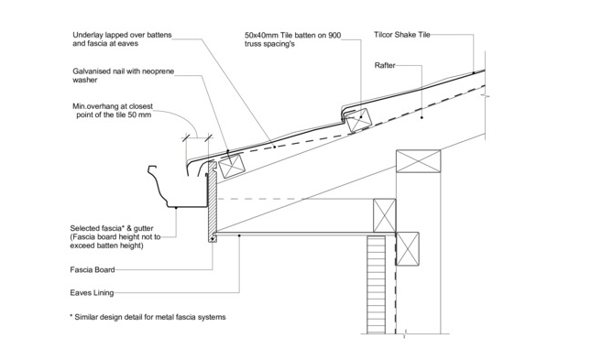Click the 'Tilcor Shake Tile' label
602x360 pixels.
point(402,35)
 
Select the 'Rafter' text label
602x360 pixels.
point(385,65)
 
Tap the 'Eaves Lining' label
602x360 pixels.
point(92,293)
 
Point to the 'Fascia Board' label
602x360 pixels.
point(93,270)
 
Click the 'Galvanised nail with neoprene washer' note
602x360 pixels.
point(124,76)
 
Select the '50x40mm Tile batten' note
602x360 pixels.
point(292,39)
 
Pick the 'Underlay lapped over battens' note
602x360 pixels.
point(122,39)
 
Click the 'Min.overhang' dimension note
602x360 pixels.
point(113,111)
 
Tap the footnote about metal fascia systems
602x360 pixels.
point(148,317)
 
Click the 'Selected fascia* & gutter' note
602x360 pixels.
point(115,237)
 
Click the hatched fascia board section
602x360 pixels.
point(213,202)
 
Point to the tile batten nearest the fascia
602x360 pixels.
point(232,166)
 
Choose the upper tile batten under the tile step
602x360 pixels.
point(358,120)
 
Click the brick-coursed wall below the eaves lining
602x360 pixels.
point(376,285)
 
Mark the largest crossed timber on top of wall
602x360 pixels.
point(418,161)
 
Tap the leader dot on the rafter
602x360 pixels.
point(421,117)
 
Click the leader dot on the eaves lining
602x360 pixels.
point(239,235)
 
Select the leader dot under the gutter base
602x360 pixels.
point(176,208)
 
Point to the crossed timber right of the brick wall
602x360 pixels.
point(408,248)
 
